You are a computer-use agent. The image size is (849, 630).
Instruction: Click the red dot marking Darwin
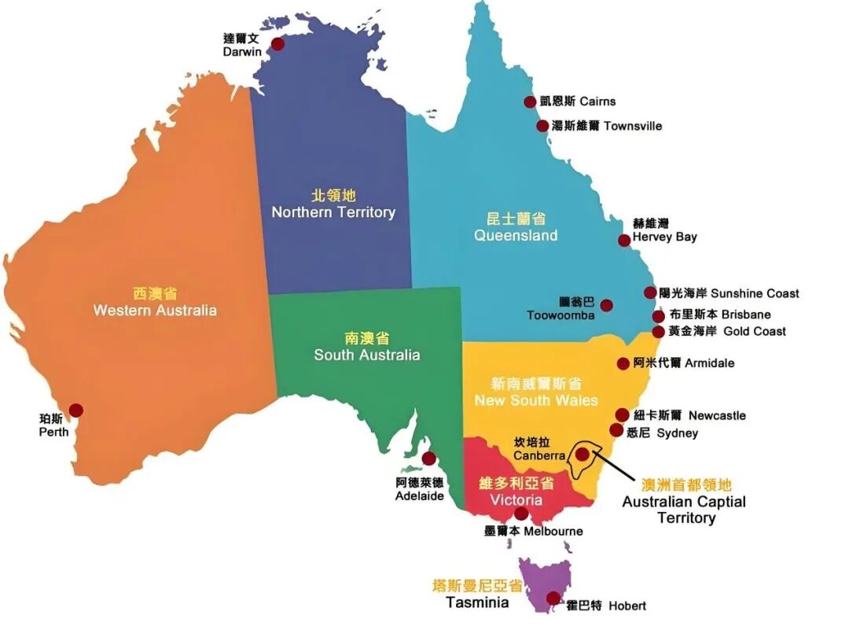coord(277,45)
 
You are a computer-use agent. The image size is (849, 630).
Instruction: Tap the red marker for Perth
coord(75,410)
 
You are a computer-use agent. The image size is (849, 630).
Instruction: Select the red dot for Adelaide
coord(428,458)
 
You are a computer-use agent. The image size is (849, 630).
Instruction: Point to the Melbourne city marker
coord(521,514)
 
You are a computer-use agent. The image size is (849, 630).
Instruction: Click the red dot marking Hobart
coord(554,598)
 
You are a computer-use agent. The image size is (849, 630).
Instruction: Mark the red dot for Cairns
coord(531,101)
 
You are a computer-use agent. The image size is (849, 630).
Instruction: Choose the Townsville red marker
coord(542,126)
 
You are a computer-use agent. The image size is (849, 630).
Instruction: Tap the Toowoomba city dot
coord(606,305)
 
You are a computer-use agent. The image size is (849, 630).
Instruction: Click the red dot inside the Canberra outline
coord(582,454)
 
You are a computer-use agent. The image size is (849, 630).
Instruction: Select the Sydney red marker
coord(616,429)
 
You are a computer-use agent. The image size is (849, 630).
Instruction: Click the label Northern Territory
coord(333,212)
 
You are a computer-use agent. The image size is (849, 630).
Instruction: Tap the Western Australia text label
coord(155,310)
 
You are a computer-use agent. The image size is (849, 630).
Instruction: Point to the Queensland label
coord(516,235)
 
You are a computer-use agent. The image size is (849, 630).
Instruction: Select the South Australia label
coord(367,355)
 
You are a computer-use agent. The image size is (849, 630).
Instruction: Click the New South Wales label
coord(536,400)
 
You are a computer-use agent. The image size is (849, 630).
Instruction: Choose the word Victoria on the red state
coord(516,500)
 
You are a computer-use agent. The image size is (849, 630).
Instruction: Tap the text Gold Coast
coord(754,331)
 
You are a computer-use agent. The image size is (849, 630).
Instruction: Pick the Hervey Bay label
coord(664,237)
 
